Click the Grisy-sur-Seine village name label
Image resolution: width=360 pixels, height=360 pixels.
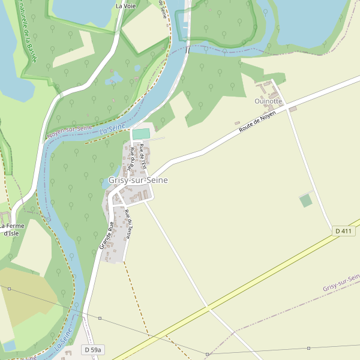[x=138, y=180]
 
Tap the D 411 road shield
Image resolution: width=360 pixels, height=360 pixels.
[x=343, y=231]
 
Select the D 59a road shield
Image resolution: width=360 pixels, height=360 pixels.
[x=94, y=349]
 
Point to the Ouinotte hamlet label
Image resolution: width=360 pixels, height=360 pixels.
[x=268, y=101]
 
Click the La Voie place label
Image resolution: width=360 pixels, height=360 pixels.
[x=126, y=6]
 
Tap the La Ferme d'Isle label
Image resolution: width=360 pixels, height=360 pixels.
[x=13, y=229]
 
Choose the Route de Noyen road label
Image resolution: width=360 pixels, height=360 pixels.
[x=257, y=121]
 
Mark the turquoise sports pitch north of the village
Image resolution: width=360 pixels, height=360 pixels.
[x=141, y=133]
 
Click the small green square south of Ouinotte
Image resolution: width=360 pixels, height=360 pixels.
[x=306, y=200]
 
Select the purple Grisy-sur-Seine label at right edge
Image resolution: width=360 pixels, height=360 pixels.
[x=341, y=284]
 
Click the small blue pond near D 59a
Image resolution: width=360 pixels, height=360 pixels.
[x=9, y=346]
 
